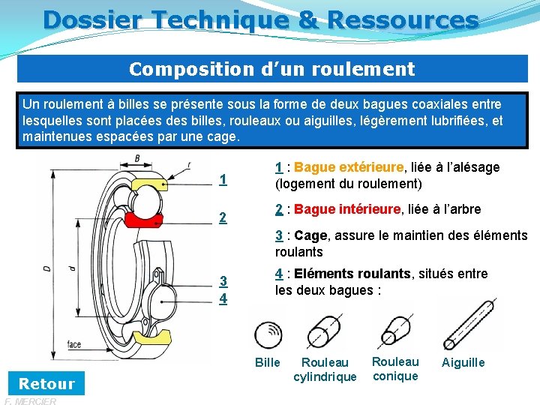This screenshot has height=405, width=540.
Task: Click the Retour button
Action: (46, 384)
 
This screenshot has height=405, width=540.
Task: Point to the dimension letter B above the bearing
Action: (137, 157)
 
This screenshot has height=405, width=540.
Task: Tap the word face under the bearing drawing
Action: (74, 344)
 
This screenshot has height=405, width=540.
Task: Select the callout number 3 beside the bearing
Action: (223, 282)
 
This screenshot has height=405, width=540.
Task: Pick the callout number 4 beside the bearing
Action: (223, 298)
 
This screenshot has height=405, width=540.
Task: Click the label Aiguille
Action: (463, 362)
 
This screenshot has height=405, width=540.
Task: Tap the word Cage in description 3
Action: (310, 235)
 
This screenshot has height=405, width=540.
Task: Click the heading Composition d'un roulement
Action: (271, 70)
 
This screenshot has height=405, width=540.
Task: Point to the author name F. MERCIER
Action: (30, 401)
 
